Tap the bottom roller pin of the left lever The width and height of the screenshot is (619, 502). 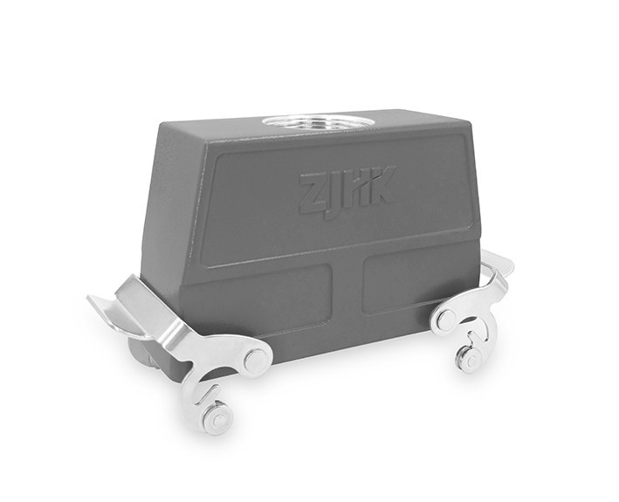[217, 419]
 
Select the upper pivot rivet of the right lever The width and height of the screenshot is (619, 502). [446, 318]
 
